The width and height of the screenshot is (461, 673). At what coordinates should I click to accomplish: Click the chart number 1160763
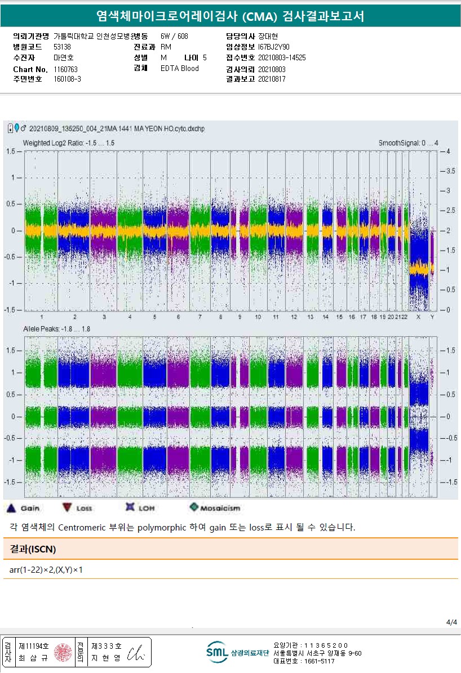(x=65, y=69)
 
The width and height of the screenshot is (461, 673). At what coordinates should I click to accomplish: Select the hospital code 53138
(x=62, y=47)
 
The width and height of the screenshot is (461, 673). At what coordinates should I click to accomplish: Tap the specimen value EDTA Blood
(x=179, y=69)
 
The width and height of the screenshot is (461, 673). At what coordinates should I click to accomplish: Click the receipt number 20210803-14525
(x=282, y=57)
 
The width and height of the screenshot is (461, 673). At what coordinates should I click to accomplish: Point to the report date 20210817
(x=272, y=79)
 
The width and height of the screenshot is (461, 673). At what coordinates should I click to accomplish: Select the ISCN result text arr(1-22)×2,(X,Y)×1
(x=46, y=570)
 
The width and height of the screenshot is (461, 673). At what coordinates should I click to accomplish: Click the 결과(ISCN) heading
(x=33, y=549)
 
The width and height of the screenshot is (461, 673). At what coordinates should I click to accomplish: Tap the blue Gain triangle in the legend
(x=11, y=509)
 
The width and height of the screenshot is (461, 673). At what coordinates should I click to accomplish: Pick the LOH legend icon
(x=130, y=507)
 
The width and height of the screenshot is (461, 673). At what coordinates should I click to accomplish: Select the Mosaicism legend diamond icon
(x=194, y=507)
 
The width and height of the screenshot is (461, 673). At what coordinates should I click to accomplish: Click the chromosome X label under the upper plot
(x=418, y=317)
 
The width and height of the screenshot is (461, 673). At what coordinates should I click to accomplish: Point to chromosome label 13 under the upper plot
(x=311, y=317)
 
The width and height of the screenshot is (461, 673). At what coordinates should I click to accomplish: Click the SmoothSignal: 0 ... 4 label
(x=408, y=143)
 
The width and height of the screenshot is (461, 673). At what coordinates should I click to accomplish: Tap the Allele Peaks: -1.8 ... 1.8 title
(x=57, y=328)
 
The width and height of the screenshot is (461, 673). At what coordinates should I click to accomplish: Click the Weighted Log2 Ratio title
(x=69, y=143)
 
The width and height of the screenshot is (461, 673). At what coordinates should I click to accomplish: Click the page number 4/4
(x=451, y=622)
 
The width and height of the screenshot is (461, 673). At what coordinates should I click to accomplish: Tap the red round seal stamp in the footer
(x=62, y=652)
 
